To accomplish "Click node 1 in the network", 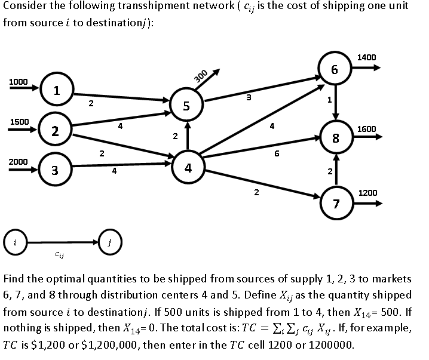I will click(56, 91).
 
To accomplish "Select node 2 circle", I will click(54, 131).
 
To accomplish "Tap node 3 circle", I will click(54, 171).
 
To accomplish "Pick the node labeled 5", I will click(186, 107).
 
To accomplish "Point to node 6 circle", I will click(335, 69).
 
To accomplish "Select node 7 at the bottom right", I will click(336, 204).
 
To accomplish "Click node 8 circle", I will click(336, 139).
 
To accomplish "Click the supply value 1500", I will click(18, 122).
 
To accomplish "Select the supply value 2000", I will click(18, 162).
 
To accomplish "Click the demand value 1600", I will click(366, 129).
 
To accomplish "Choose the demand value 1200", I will click(367, 193).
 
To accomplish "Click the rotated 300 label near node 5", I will click(201, 76).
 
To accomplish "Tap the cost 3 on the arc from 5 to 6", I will click(248, 97).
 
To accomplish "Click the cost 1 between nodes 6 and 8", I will click(328, 100).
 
